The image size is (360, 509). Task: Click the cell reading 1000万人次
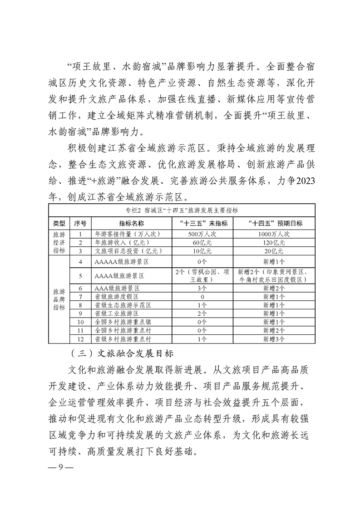(x=274, y=234)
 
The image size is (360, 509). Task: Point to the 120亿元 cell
(x=274, y=242)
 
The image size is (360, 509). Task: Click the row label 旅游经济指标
(x=59, y=242)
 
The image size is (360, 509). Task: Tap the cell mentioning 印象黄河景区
(x=274, y=275)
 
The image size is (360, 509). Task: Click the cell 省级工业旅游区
(x=117, y=313)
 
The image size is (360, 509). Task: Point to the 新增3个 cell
(x=274, y=339)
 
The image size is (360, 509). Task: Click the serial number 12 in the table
(x=80, y=339)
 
